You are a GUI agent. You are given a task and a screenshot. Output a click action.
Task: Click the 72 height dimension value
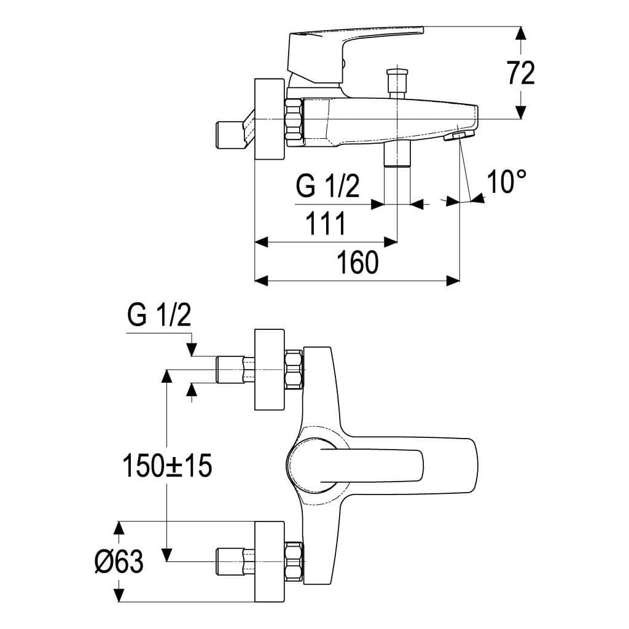pos(521,73)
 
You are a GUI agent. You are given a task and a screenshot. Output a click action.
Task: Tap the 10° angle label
pos(506,181)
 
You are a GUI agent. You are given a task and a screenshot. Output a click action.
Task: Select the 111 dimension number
pos(326,224)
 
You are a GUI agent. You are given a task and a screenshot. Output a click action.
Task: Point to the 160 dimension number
pos(357,262)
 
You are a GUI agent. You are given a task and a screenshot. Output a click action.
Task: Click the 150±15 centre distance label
pos(167,466)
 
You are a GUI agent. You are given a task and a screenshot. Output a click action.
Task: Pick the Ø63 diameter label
pos(119,561)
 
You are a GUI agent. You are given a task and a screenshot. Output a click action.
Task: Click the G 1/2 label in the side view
pos(327,186)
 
